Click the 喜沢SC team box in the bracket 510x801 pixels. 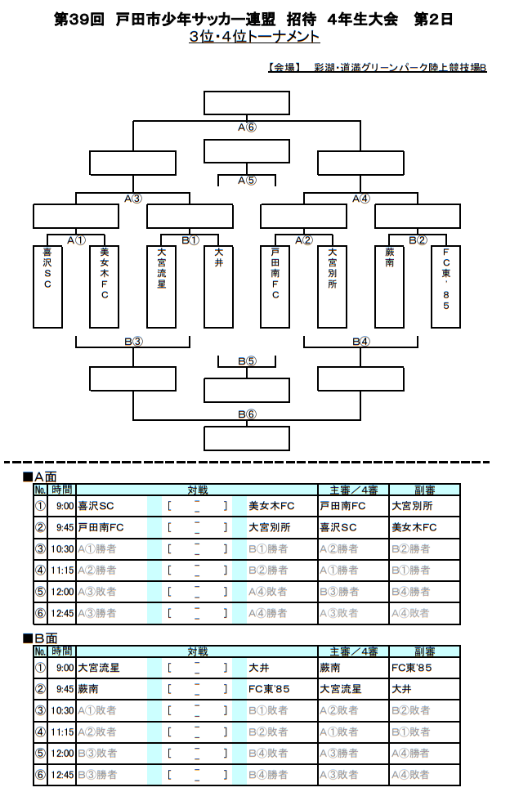pos(47,286)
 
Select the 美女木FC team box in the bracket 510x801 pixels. pos(104,286)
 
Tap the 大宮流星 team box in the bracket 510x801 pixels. pos(161,286)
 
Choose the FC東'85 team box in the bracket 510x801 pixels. pos(445,286)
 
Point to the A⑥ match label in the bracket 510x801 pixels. pos(247,128)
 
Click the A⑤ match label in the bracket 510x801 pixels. pos(247,180)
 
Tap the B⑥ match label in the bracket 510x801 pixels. pos(247,414)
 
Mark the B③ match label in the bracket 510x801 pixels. pos(133,342)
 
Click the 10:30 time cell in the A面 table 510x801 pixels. pos(63,549)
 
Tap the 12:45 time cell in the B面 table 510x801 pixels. pos(63,774)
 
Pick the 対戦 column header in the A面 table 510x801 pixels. pos(197,490)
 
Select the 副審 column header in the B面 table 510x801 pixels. pos(424,651)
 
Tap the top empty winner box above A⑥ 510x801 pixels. pos(247,103)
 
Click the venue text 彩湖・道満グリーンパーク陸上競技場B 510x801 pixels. pos(400,67)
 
